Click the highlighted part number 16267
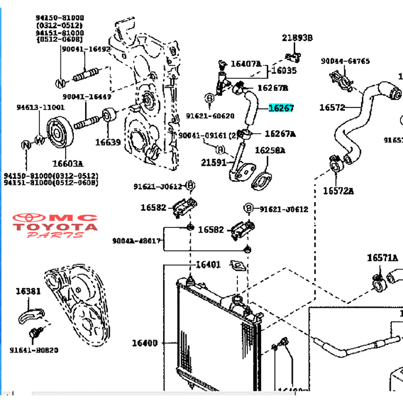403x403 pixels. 281,108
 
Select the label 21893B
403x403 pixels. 297,38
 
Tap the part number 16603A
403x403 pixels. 69,163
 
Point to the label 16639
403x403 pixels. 107,142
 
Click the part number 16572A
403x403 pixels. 339,191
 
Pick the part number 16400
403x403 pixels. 145,343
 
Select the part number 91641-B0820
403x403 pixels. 34,350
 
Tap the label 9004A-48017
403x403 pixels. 137,241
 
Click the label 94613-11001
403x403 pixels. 40,107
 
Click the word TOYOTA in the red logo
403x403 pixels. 55,227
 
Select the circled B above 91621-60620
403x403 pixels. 210,97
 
